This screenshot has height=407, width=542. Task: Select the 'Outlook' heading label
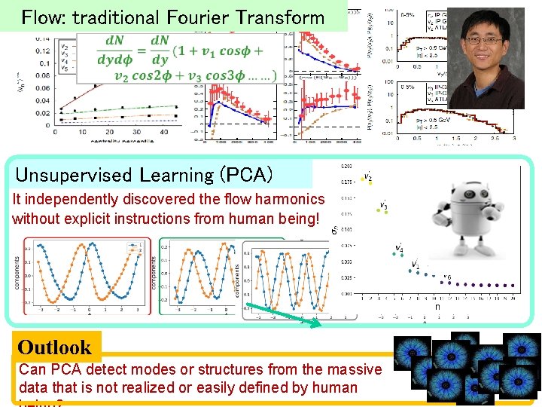(54, 347)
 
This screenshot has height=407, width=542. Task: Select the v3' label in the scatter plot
(384, 204)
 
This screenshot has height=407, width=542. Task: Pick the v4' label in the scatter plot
(399, 247)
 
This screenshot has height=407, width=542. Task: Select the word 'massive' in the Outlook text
(354, 369)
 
